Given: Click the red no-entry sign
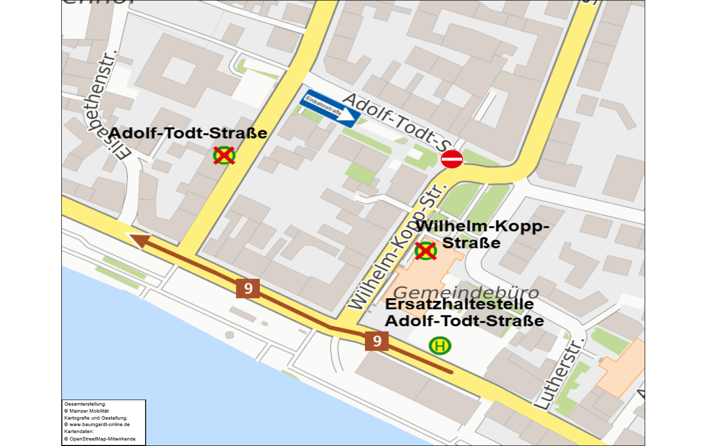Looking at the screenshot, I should (x=452, y=159).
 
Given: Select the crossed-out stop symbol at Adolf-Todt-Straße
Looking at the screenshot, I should (x=224, y=155).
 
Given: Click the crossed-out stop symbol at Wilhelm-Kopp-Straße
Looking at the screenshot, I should (x=426, y=250).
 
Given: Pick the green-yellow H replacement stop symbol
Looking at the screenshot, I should (x=440, y=346).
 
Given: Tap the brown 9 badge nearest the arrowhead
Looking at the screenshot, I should (x=248, y=288).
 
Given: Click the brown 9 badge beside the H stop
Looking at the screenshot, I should (x=377, y=341).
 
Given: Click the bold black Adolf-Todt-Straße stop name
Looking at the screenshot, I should (x=187, y=133).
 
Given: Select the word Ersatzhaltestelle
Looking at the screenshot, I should (x=459, y=304).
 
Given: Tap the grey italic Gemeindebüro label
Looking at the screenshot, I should (x=466, y=292).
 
